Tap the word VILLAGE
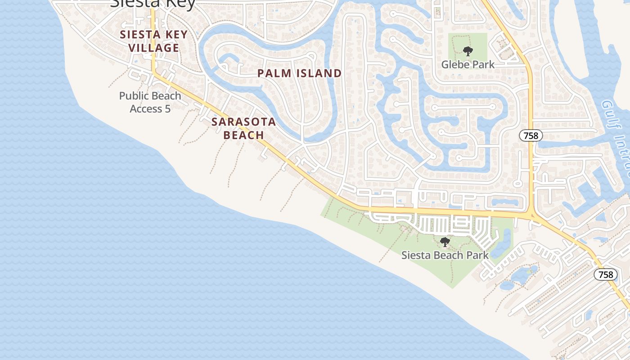tap(154, 48)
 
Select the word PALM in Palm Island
tap(273, 73)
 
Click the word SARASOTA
tap(243, 122)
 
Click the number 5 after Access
tap(167, 109)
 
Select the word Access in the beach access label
tap(146, 109)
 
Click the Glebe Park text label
tap(468, 64)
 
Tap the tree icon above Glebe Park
tap(468, 51)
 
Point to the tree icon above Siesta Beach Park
tap(445, 243)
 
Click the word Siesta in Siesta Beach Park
tap(416, 255)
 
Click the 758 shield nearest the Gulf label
tap(531, 135)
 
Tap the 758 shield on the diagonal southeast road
tap(606, 274)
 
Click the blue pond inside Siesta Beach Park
tap(504, 243)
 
